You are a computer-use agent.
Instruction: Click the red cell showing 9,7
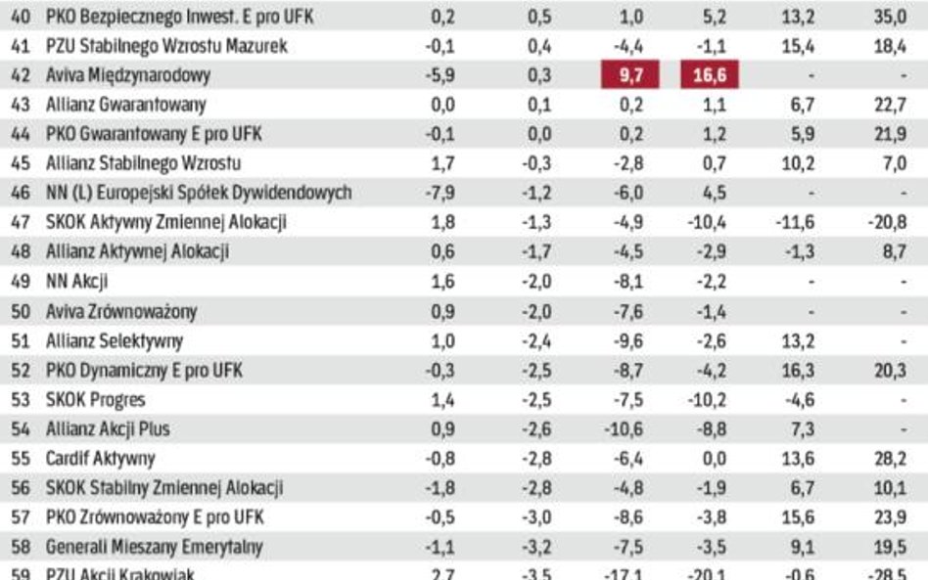click(629, 75)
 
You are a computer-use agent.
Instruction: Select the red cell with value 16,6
click(709, 75)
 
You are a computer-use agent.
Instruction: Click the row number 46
click(21, 194)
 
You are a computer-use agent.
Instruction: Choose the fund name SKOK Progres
click(96, 400)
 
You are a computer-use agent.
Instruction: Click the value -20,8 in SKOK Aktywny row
click(887, 223)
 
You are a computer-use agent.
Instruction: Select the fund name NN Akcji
click(77, 283)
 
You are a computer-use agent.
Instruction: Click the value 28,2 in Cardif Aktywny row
click(892, 459)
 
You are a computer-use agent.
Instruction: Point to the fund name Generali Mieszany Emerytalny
click(154, 547)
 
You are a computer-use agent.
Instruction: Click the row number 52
click(21, 371)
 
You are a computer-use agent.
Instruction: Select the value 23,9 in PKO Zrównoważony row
click(892, 517)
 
